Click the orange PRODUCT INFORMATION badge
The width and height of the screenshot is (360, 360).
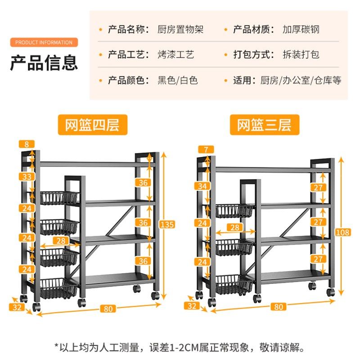coord(44,42)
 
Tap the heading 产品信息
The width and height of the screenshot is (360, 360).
coord(44,62)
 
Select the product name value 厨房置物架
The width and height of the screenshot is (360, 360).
coord(180,30)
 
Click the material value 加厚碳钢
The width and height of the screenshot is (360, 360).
coord(301,30)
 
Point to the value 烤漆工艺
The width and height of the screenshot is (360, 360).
coord(175,55)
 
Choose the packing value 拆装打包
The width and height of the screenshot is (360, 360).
coord(301,55)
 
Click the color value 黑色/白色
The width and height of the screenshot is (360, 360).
coord(177,81)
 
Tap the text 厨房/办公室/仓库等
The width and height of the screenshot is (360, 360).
coord(301,81)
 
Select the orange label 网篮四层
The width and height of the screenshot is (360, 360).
coord(92,125)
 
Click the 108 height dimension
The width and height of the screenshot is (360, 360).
coord(343,232)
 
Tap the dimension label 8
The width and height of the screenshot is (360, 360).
coord(27,144)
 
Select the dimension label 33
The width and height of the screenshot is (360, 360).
coord(27,177)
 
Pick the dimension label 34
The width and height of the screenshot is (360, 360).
coord(202,185)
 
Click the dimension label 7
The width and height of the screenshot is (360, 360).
coord(206,149)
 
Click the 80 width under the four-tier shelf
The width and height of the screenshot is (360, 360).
coord(108,309)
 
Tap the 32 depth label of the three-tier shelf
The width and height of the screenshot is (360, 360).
coord(192,306)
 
